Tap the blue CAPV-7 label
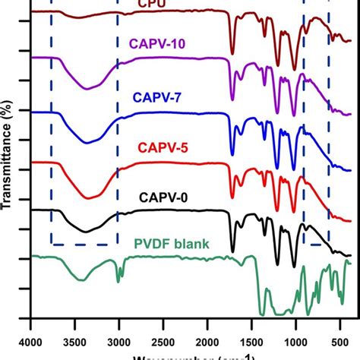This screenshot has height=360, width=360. point(156,98)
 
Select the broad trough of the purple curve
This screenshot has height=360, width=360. point(90,87)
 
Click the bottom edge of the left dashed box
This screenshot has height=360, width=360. point(84,245)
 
